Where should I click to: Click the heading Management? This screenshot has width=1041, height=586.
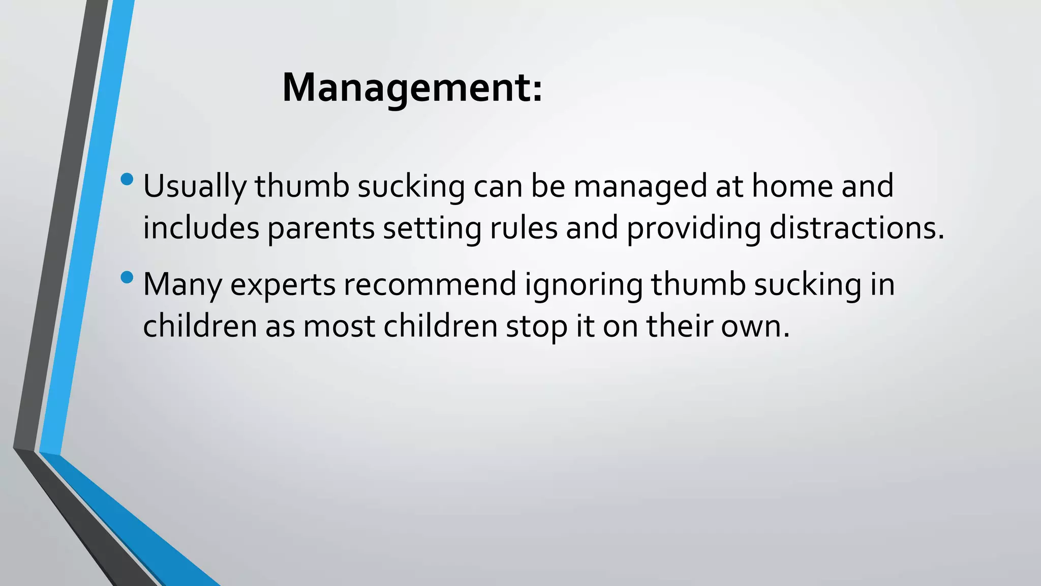coord(412,88)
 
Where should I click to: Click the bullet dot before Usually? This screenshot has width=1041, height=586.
coord(127,179)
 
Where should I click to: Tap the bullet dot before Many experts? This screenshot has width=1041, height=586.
coord(127,277)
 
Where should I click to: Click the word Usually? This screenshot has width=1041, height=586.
coord(194,187)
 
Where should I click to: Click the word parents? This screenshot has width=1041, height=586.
coord(321,229)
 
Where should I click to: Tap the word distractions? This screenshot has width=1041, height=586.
coord(856,228)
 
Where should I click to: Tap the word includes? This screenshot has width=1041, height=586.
coord(201,228)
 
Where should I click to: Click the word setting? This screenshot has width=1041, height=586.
coord(432,229)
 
